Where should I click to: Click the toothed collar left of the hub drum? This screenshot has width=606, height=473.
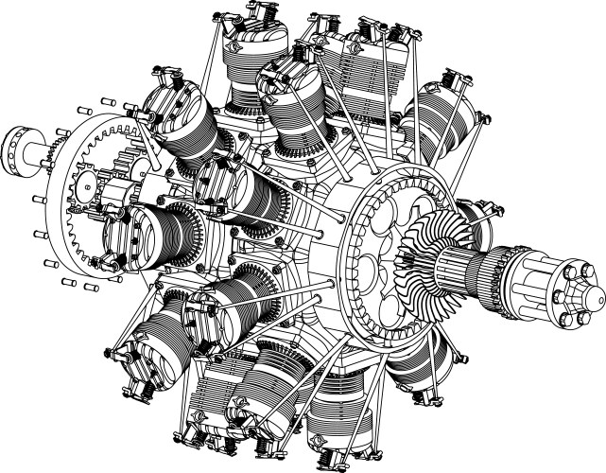(497, 276)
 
